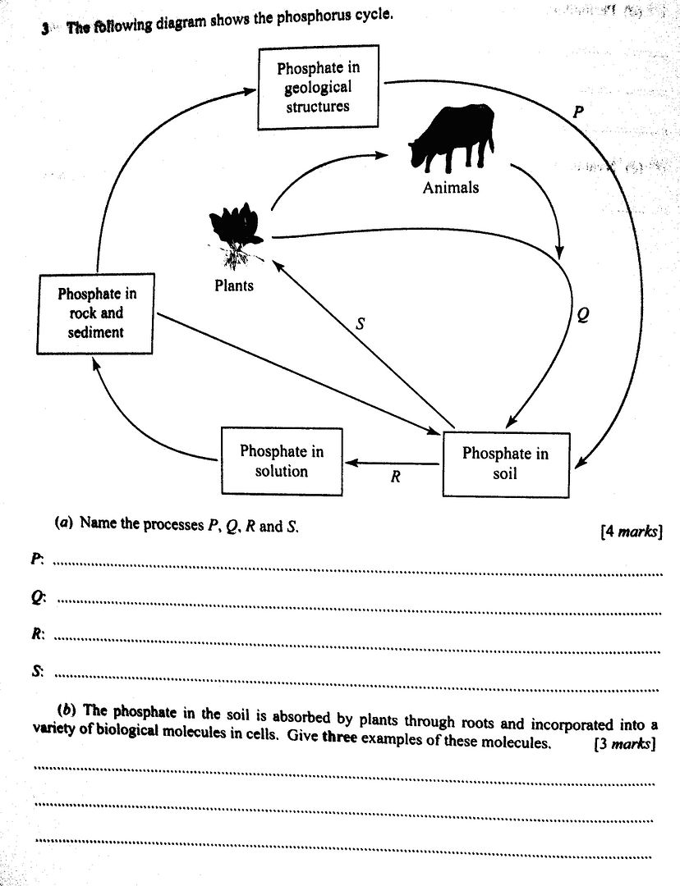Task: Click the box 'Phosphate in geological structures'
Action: [318, 88]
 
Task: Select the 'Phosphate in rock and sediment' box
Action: [97, 313]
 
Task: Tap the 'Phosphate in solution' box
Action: [282, 461]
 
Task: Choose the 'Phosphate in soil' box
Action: [505, 464]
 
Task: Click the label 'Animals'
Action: [451, 188]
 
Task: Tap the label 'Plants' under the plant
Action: [234, 285]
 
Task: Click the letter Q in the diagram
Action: [582, 315]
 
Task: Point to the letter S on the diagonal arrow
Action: [359, 325]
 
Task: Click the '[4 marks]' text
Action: [631, 532]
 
